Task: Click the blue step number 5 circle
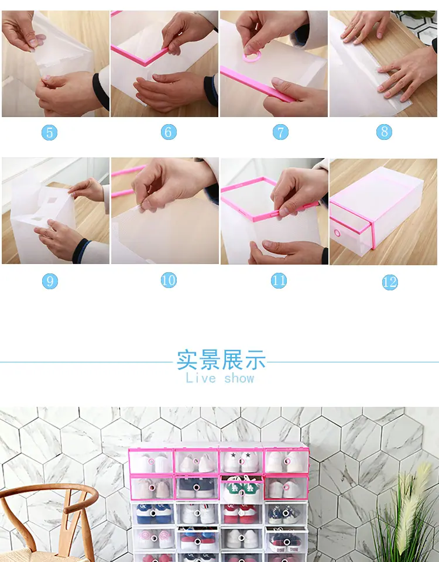coord(49,133)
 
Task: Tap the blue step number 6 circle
coord(169,132)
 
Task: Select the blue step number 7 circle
coord(280,132)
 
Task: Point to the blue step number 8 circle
coord(384,132)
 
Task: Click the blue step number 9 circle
coord(50,281)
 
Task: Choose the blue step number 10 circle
coord(169,280)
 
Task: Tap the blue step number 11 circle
coord(279,280)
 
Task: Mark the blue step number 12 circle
coord(390,282)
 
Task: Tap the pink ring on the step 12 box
coord(337,233)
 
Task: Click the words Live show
coord(220,378)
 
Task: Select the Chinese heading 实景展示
coord(221,360)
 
